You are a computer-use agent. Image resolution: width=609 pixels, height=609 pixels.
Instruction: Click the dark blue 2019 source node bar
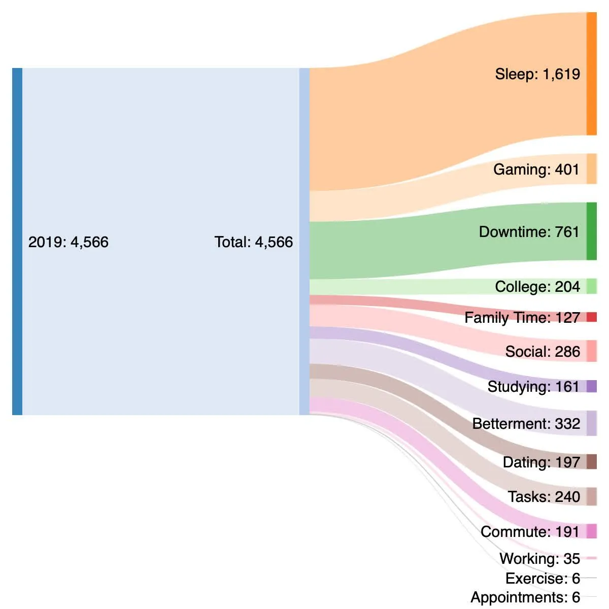point(17,242)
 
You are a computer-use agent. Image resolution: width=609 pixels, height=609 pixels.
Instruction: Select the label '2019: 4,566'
point(68,242)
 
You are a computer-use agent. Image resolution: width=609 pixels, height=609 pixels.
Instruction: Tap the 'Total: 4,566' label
point(253,242)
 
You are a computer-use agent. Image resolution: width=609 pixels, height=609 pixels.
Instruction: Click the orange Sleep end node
point(591,74)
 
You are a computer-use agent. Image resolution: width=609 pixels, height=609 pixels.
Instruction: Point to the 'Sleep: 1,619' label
point(537,74)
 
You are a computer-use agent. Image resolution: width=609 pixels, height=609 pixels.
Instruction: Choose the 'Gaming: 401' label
point(536,170)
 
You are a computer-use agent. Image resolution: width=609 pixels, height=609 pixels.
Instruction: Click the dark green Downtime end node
point(591,231)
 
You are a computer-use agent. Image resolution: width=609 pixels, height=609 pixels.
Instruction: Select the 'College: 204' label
point(537,287)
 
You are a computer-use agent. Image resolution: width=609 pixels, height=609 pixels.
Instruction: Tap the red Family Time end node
point(591,317)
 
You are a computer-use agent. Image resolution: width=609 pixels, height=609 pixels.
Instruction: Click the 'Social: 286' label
point(542,352)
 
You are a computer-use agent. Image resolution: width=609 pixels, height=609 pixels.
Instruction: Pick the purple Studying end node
point(591,386)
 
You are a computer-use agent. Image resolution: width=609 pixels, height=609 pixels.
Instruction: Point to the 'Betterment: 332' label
point(526,424)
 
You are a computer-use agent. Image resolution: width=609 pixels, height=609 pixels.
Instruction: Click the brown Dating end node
point(591,462)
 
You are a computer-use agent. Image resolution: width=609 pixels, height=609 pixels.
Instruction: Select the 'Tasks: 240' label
point(544,497)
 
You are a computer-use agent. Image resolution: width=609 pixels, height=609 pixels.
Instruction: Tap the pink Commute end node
point(591,531)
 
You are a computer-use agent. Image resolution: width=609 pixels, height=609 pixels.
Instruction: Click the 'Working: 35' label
point(539,559)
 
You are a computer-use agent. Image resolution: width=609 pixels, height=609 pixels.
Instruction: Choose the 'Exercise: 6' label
point(543,579)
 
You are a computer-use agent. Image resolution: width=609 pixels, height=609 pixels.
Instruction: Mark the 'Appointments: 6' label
point(525,597)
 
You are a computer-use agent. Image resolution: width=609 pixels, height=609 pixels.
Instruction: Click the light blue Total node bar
point(304,242)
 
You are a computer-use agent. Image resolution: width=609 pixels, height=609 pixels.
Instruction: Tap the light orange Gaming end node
point(591,169)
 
